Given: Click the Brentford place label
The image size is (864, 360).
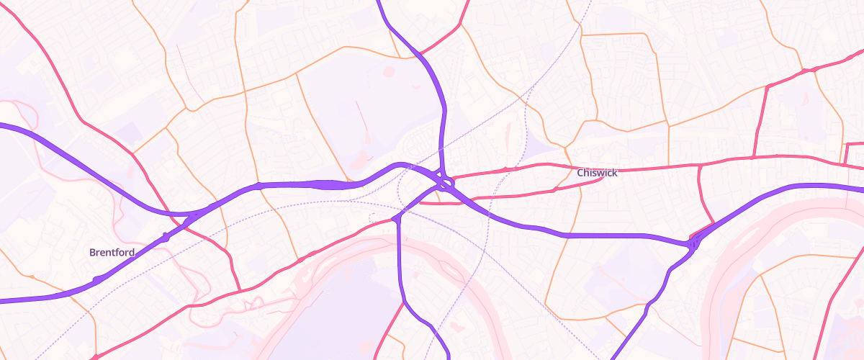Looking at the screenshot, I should click(x=112, y=253).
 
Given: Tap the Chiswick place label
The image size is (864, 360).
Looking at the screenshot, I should click(x=597, y=173).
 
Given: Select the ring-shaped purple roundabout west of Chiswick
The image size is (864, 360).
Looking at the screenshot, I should click(x=447, y=184).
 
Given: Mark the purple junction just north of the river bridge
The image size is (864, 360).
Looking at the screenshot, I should click(x=395, y=217).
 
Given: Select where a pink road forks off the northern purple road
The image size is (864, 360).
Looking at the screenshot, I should click(x=418, y=53).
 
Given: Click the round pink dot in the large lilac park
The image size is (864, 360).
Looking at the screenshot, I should click(x=390, y=71).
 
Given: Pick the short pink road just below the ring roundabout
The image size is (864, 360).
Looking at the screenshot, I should click(x=439, y=203).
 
